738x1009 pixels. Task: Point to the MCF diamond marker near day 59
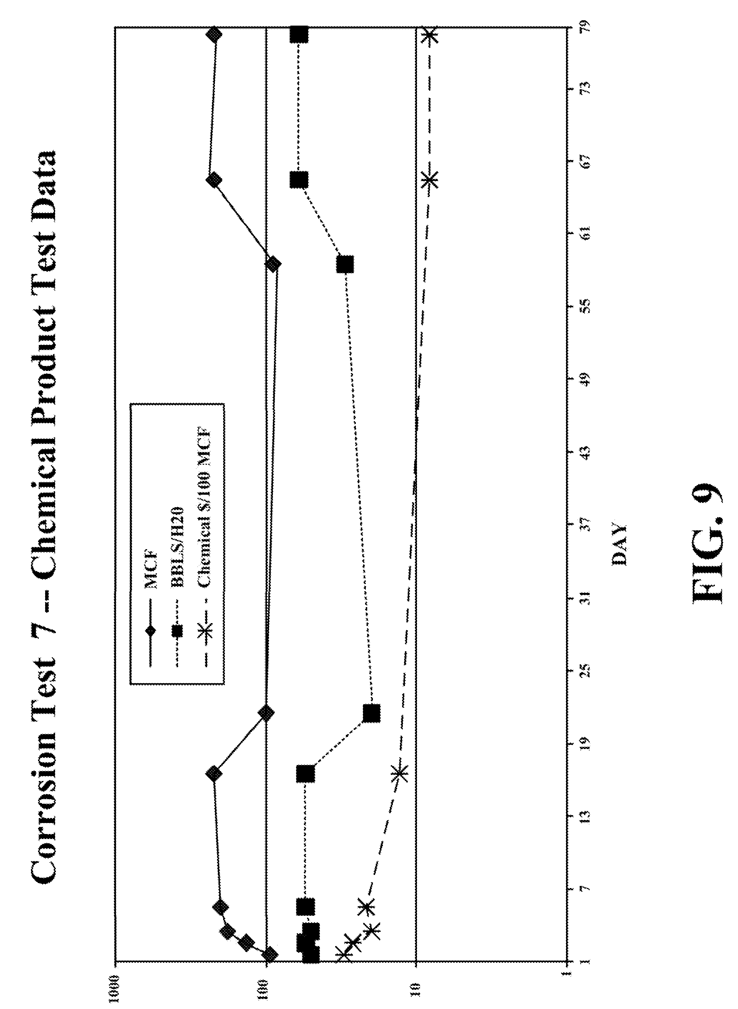[273, 264]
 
